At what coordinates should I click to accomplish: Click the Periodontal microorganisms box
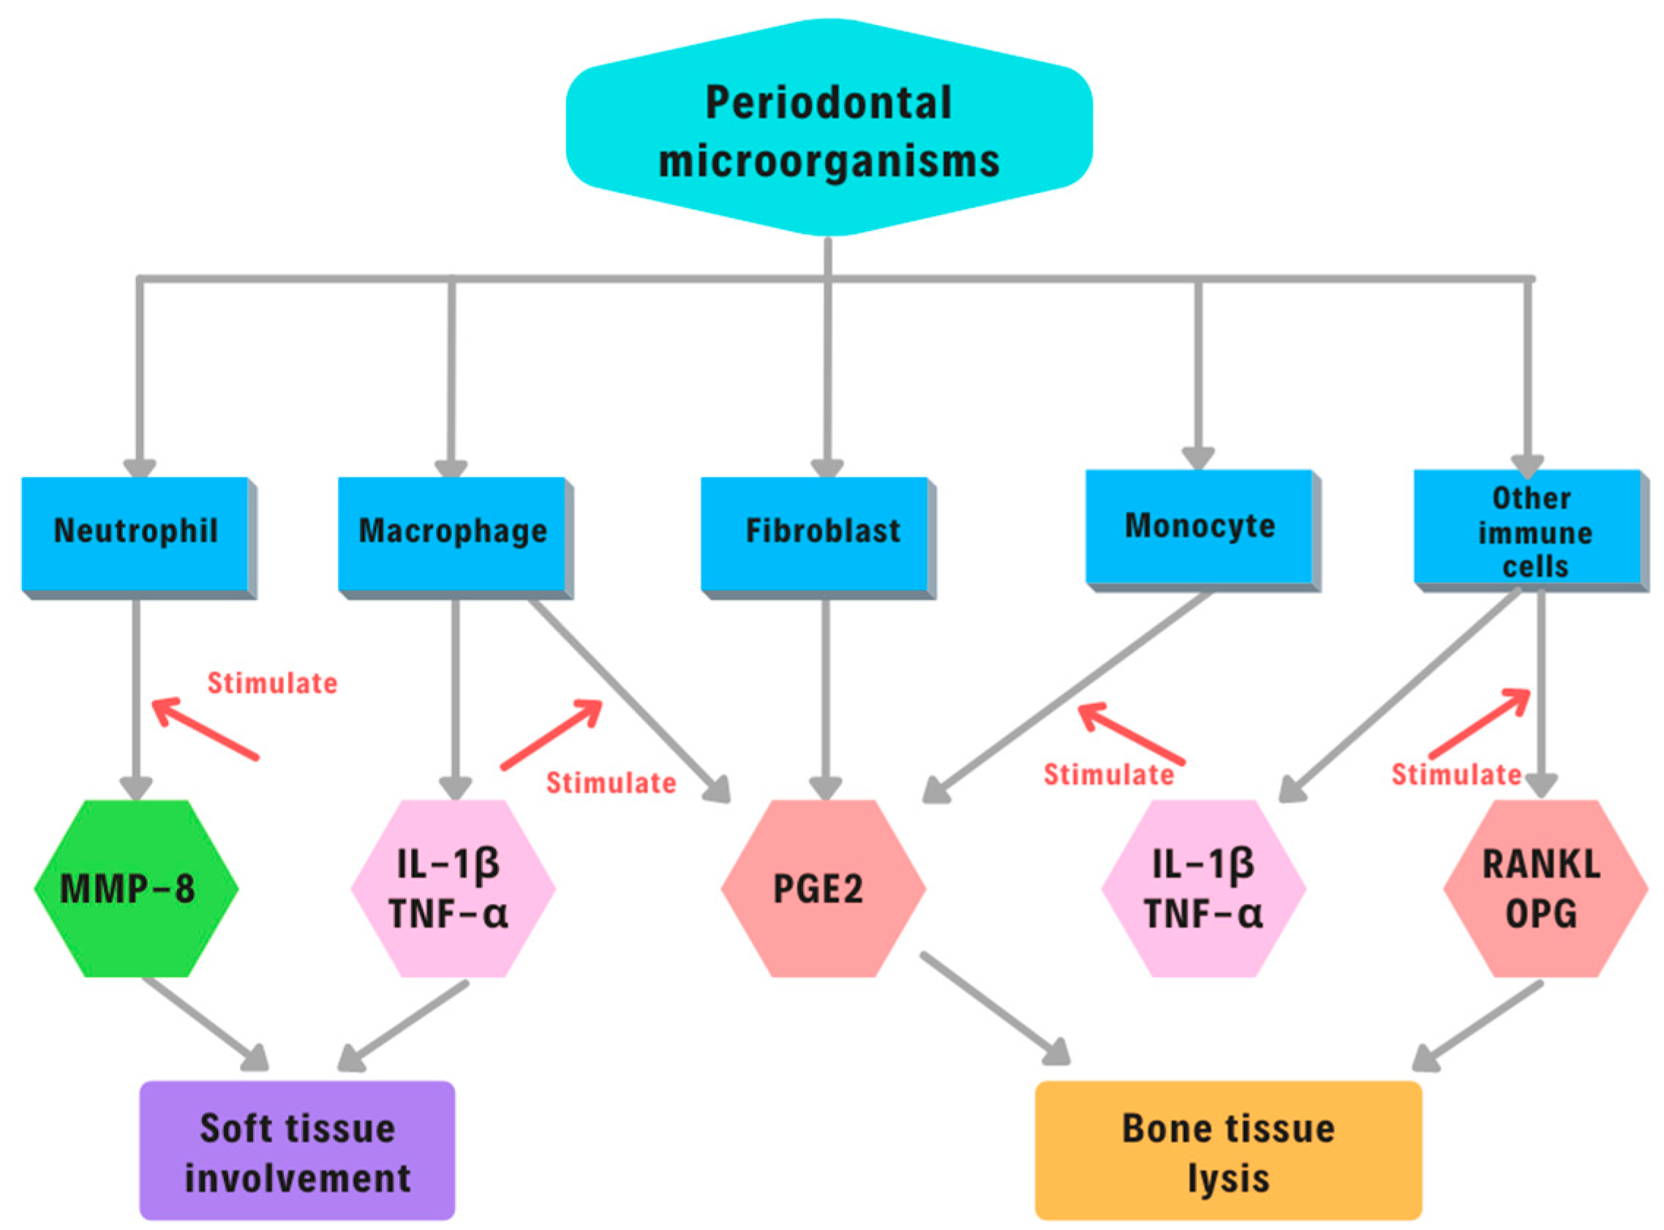[x=829, y=127]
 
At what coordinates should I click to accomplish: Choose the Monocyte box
[x=1203, y=530]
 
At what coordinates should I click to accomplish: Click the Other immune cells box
[x=1532, y=530]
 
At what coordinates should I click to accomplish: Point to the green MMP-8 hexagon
[x=136, y=889]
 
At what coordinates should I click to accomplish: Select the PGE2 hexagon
[x=824, y=889]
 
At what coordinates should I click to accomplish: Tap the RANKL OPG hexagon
[x=1546, y=889]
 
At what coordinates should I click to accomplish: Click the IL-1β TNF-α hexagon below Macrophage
[x=453, y=889]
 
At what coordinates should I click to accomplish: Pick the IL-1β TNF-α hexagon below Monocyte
[x=1204, y=889]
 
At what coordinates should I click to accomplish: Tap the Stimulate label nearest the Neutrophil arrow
[x=272, y=684]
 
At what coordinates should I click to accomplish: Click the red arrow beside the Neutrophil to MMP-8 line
[x=205, y=728]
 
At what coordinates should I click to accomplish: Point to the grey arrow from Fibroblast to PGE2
[x=826, y=700]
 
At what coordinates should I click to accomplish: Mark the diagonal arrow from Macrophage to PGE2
[x=630, y=701]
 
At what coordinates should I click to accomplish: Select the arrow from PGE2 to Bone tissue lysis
[x=995, y=1008]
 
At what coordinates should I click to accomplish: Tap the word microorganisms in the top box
[x=829, y=162]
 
